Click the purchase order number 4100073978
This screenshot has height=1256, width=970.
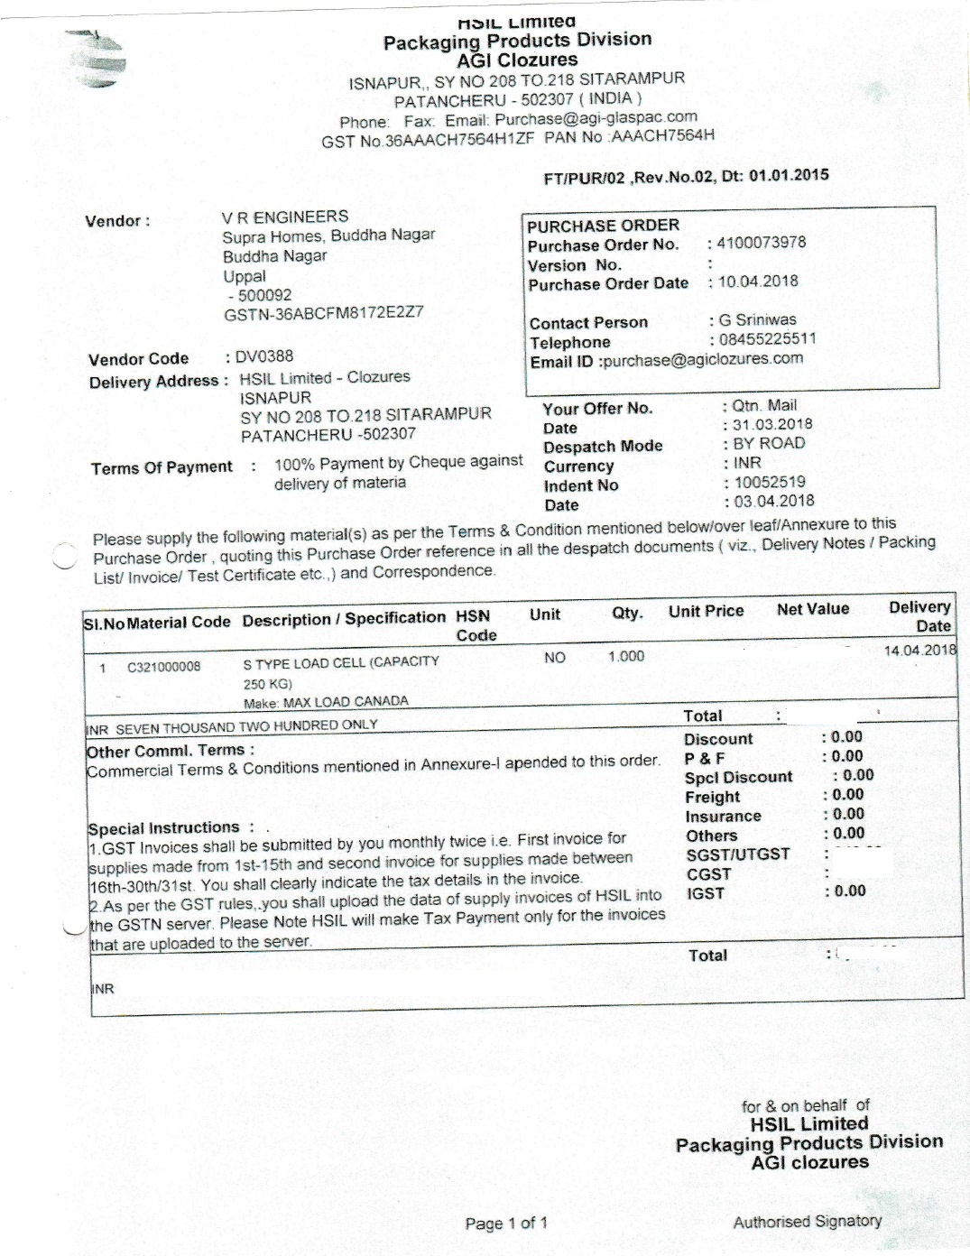pyautogui.click(x=761, y=243)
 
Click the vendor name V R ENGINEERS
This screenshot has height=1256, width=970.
pyautogui.click(x=285, y=217)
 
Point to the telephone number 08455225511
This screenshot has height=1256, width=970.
pyautogui.click(x=767, y=339)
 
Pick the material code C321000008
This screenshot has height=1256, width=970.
pyautogui.click(x=164, y=668)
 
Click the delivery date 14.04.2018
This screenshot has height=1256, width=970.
pyautogui.click(x=919, y=651)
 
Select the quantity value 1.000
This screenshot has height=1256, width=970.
pyautogui.click(x=626, y=656)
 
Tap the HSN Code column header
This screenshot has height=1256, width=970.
pyautogui.click(x=475, y=625)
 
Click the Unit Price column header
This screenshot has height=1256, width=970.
pyautogui.click(x=706, y=611)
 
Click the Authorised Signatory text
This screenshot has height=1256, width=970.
pyautogui.click(x=807, y=1222)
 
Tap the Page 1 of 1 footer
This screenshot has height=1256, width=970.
pyautogui.click(x=506, y=1224)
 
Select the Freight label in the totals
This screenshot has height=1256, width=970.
pyautogui.click(x=712, y=797)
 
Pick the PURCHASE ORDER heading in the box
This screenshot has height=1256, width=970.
pyautogui.click(x=603, y=226)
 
